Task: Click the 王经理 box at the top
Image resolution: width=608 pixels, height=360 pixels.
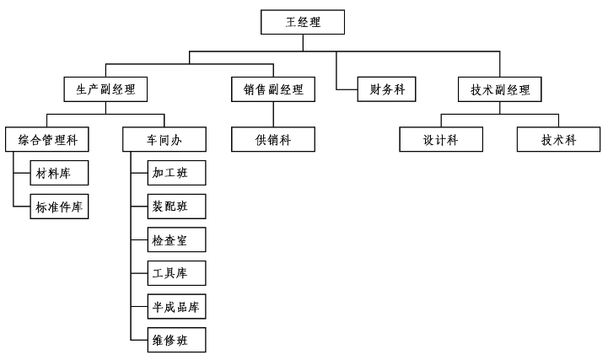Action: click(x=303, y=22)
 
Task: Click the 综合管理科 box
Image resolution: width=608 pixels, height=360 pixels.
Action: click(x=47, y=139)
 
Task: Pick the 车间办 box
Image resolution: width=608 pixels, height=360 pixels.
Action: click(x=164, y=139)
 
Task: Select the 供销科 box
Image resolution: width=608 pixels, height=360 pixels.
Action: click(x=273, y=139)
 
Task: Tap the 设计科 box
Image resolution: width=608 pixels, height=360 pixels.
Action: click(x=441, y=139)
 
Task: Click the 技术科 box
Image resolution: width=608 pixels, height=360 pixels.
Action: click(x=558, y=139)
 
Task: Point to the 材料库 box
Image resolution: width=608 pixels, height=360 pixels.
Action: click(x=59, y=174)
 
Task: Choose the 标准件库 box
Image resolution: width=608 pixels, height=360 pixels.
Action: click(x=59, y=207)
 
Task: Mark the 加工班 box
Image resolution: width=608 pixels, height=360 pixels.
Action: click(x=176, y=174)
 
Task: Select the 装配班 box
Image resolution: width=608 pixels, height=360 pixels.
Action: click(x=176, y=207)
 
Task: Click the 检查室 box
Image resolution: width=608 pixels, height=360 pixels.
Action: click(x=176, y=240)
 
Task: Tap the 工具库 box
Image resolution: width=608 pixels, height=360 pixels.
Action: click(x=176, y=273)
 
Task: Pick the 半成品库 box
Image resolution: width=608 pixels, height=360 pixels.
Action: click(x=176, y=307)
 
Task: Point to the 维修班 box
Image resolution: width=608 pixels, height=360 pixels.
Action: click(x=176, y=340)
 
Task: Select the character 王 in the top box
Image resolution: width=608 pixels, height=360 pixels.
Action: click(x=291, y=22)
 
